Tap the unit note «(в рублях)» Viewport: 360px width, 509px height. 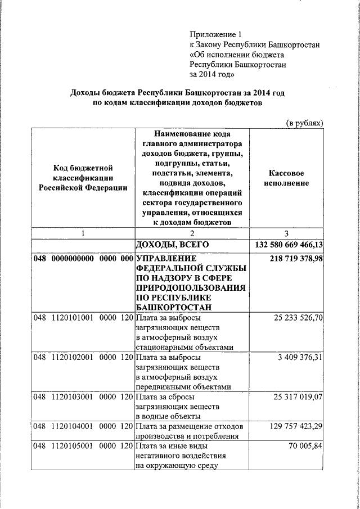pos(304,123)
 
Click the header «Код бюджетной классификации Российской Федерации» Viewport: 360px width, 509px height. pos(83,178)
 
